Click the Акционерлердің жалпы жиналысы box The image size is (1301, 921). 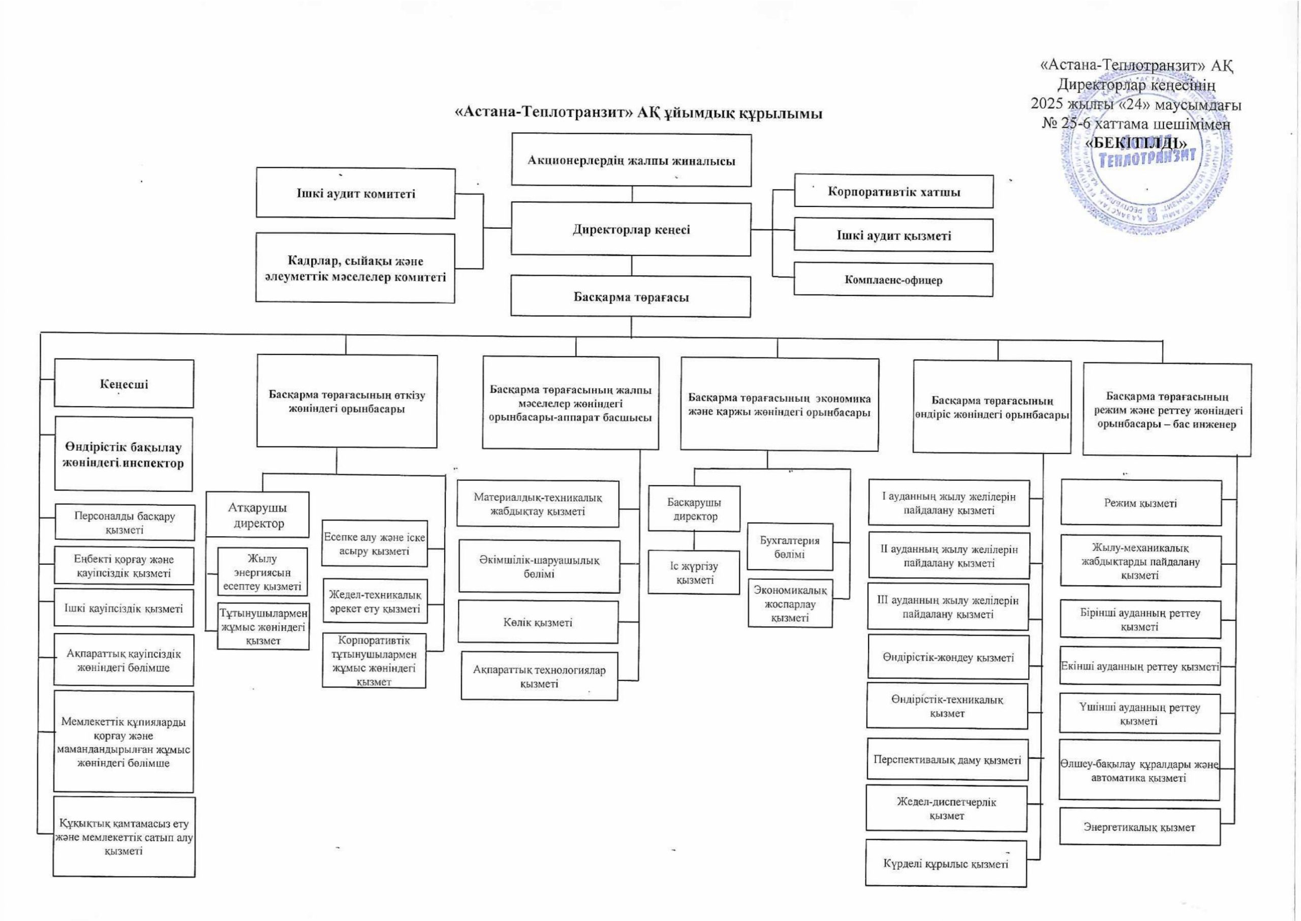(x=631, y=161)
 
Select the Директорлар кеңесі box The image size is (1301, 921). (x=631, y=230)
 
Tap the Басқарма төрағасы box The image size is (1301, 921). (x=630, y=297)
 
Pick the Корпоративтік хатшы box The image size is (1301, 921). (x=893, y=191)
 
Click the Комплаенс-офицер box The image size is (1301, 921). (x=893, y=279)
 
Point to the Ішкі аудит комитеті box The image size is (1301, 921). (x=355, y=193)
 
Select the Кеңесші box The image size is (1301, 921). (x=123, y=384)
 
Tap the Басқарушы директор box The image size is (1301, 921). (x=694, y=509)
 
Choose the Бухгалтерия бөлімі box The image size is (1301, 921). (x=790, y=547)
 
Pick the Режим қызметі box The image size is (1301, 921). (x=1140, y=503)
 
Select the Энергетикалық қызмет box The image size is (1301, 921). (x=1139, y=827)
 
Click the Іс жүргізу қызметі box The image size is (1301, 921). (x=694, y=573)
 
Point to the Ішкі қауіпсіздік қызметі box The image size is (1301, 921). (x=123, y=608)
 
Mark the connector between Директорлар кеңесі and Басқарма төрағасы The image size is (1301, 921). (x=632, y=266)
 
